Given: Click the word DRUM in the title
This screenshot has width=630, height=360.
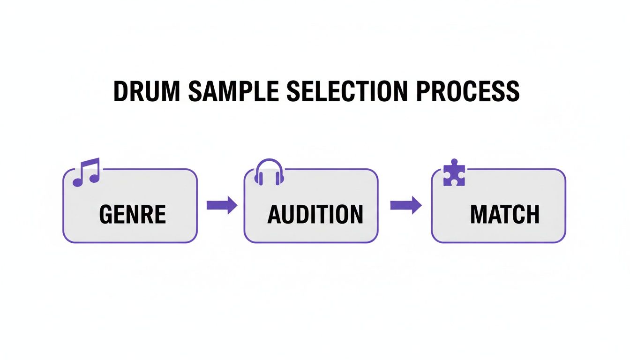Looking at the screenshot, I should [x=146, y=92].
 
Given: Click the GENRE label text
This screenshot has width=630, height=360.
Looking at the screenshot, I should [x=133, y=215].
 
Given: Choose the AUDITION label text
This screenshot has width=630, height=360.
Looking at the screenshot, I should [x=315, y=215].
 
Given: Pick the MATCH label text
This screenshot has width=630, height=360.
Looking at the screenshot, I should [x=504, y=215].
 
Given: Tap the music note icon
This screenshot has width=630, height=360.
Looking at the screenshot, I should [x=86, y=172].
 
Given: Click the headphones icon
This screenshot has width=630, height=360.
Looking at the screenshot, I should [x=269, y=172].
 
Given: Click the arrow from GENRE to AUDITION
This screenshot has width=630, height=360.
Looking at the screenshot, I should [x=222, y=205].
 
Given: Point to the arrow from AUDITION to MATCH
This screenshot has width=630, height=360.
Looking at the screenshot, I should [x=405, y=205].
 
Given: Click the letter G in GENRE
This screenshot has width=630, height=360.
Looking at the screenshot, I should [x=107, y=215].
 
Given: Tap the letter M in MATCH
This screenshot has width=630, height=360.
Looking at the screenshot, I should [x=480, y=215].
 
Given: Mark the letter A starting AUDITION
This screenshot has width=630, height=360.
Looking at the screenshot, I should [x=275, y=215].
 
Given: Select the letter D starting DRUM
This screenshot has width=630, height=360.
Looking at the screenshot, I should [x=121, y=92].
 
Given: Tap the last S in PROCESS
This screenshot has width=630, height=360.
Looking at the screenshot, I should [x=512, y=92].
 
